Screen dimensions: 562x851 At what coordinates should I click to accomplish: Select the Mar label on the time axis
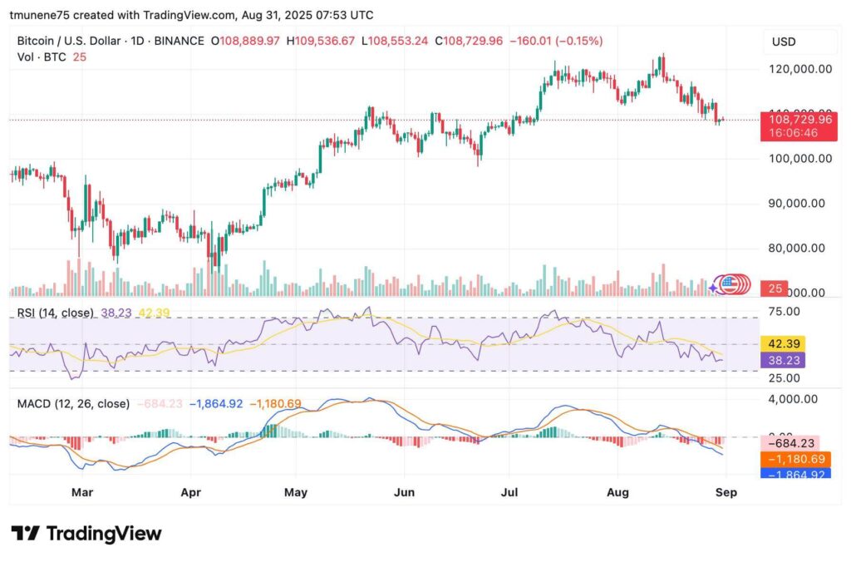[81, 492]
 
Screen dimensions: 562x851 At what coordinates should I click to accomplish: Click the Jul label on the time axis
[510, 492]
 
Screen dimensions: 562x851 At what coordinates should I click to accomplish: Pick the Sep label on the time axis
[726, 492]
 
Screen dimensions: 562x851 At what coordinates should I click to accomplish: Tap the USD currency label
[785, 41]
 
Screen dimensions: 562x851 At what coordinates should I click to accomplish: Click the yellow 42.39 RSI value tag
[782, 343]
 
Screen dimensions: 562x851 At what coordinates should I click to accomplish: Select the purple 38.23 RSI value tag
[782, 360]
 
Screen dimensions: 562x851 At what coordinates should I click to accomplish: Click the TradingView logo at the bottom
[86, 534]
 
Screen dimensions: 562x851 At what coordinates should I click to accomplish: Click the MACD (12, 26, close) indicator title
[73, 404]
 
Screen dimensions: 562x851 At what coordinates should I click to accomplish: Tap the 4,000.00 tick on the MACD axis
[794, 399]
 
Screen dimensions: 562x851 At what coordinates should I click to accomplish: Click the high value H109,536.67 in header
[320, 41]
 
